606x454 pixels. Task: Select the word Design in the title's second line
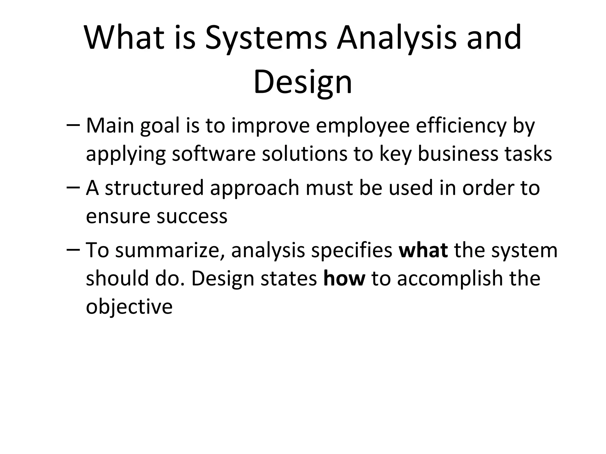303,82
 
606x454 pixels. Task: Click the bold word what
423,250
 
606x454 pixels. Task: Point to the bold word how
344,278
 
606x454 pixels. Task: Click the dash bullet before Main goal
73,126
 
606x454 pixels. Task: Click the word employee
362,126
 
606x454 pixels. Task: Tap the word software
214,154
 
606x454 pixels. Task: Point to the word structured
154,188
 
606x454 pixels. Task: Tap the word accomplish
450,279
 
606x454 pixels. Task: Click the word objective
129,307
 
